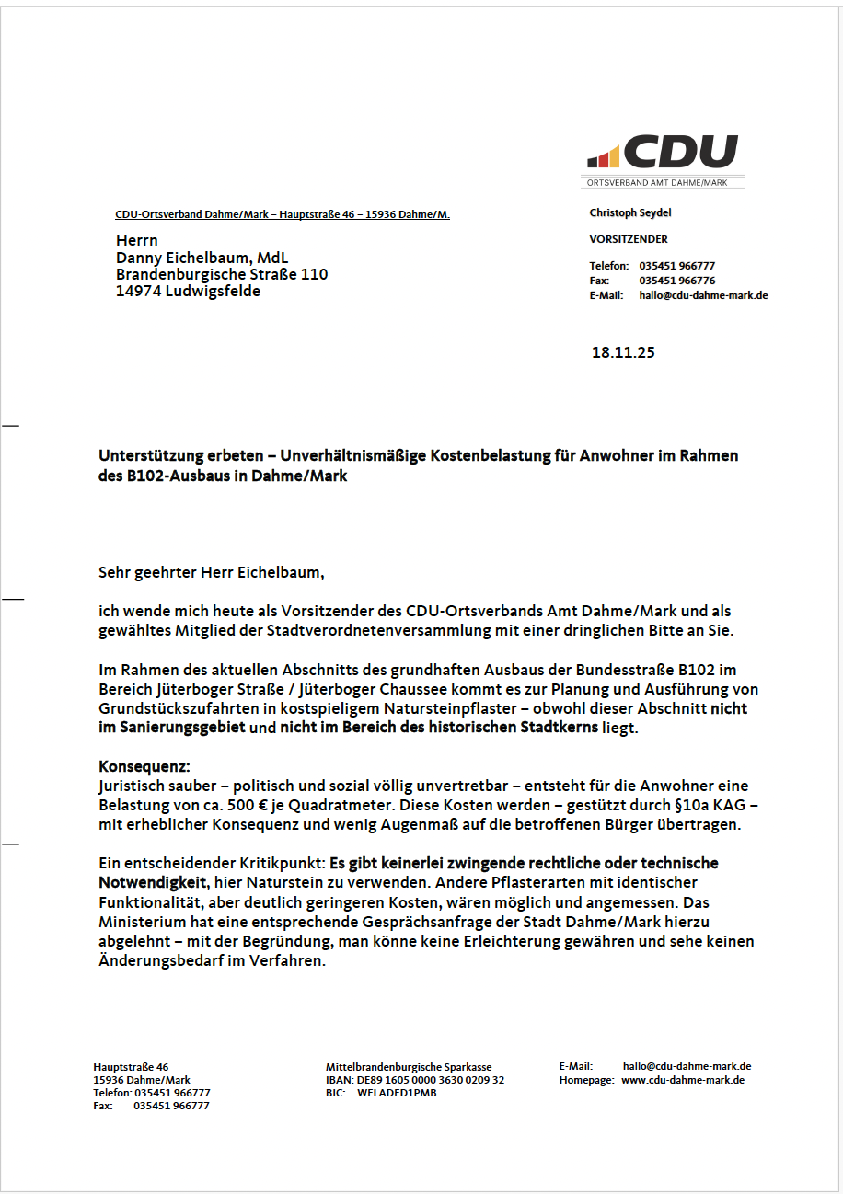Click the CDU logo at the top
point(663,152)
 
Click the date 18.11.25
point(623,352)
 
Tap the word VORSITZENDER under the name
point(629,239)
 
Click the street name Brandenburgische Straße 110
point(222,274)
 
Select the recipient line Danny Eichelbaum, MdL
point(202,258)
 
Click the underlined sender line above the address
point(282,215)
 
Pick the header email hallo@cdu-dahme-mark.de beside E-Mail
point(703,295)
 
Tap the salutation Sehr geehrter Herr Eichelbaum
point(212,572)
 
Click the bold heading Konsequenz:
point(144,766)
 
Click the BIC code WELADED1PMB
point(397,1093)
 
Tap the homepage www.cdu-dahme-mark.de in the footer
point(683,1080)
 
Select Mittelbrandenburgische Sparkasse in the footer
point(409,1067)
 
